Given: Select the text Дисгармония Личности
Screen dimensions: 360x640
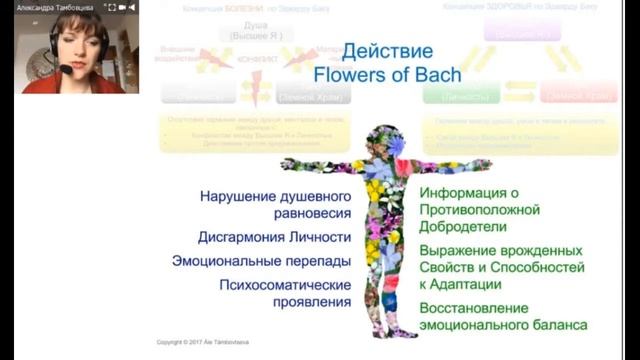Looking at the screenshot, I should click(274, 238).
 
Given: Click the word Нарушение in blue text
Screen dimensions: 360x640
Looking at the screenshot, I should click(236, 196).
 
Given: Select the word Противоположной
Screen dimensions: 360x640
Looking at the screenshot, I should click(480, 210).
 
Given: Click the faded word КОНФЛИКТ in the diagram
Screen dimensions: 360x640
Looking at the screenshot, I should click(251, 59).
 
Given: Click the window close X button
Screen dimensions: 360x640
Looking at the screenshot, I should click(128, 6).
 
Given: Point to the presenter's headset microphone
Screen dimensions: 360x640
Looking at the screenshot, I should click(65, 69).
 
